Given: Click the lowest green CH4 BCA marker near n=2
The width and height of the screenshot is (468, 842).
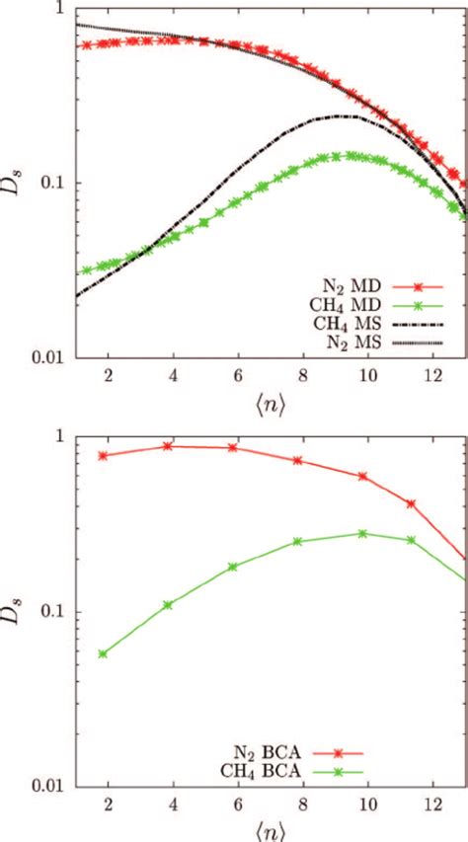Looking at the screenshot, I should click(103, 653).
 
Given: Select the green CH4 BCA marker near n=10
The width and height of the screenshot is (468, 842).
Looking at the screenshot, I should click(362, 533).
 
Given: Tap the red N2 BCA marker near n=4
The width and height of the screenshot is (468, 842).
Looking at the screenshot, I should click(168, 446).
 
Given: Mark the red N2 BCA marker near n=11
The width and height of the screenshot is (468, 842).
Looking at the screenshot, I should click(411, 503).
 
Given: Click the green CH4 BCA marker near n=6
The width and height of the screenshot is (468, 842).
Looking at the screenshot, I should click(233, 567).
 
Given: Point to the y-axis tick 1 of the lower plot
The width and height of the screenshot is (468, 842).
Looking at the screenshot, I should click(61, 435).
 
